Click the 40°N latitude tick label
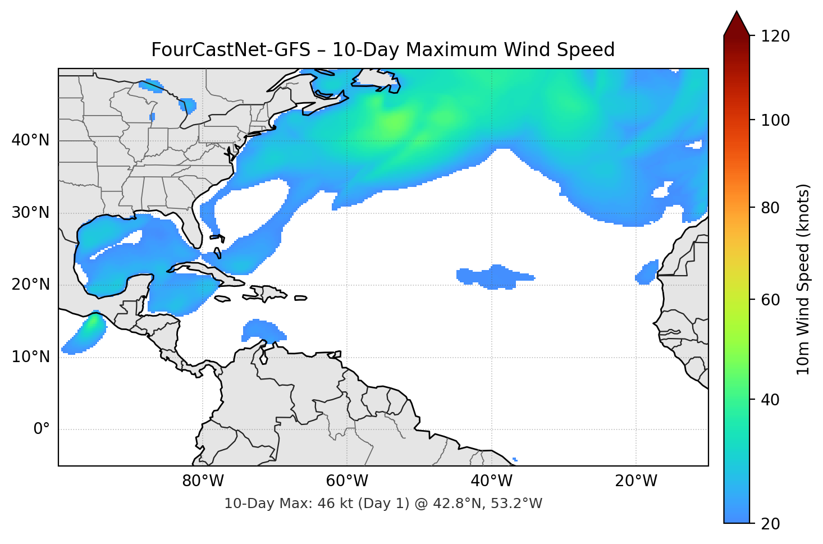coord(30,140)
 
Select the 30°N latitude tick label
coord(30,213)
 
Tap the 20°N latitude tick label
coord(30,285)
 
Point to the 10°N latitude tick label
coord(30,357)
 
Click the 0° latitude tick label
coord(42,429)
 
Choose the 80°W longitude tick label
coord(203,481)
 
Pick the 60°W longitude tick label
coord(347,481)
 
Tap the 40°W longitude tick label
coord(491,481)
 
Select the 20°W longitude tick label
coord(635,481)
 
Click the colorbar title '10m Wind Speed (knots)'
coord(803,279)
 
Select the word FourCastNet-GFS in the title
coord(231,50)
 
